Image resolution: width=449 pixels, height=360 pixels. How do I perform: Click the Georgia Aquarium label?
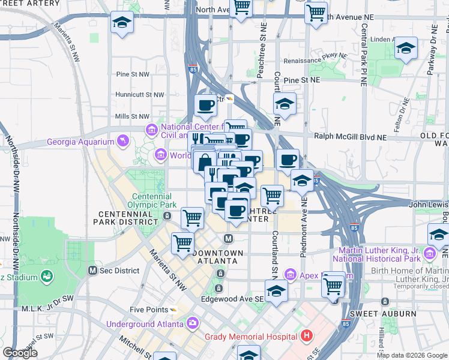80,142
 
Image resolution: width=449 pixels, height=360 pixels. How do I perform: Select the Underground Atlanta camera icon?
192,323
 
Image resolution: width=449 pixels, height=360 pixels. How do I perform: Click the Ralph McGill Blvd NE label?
340,137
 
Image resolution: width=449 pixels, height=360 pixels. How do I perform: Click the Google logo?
20,352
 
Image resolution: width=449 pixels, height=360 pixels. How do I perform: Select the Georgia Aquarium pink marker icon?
122,141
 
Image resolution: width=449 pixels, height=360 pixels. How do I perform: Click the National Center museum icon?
151,129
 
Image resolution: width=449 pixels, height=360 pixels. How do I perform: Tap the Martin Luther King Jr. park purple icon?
429,254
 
